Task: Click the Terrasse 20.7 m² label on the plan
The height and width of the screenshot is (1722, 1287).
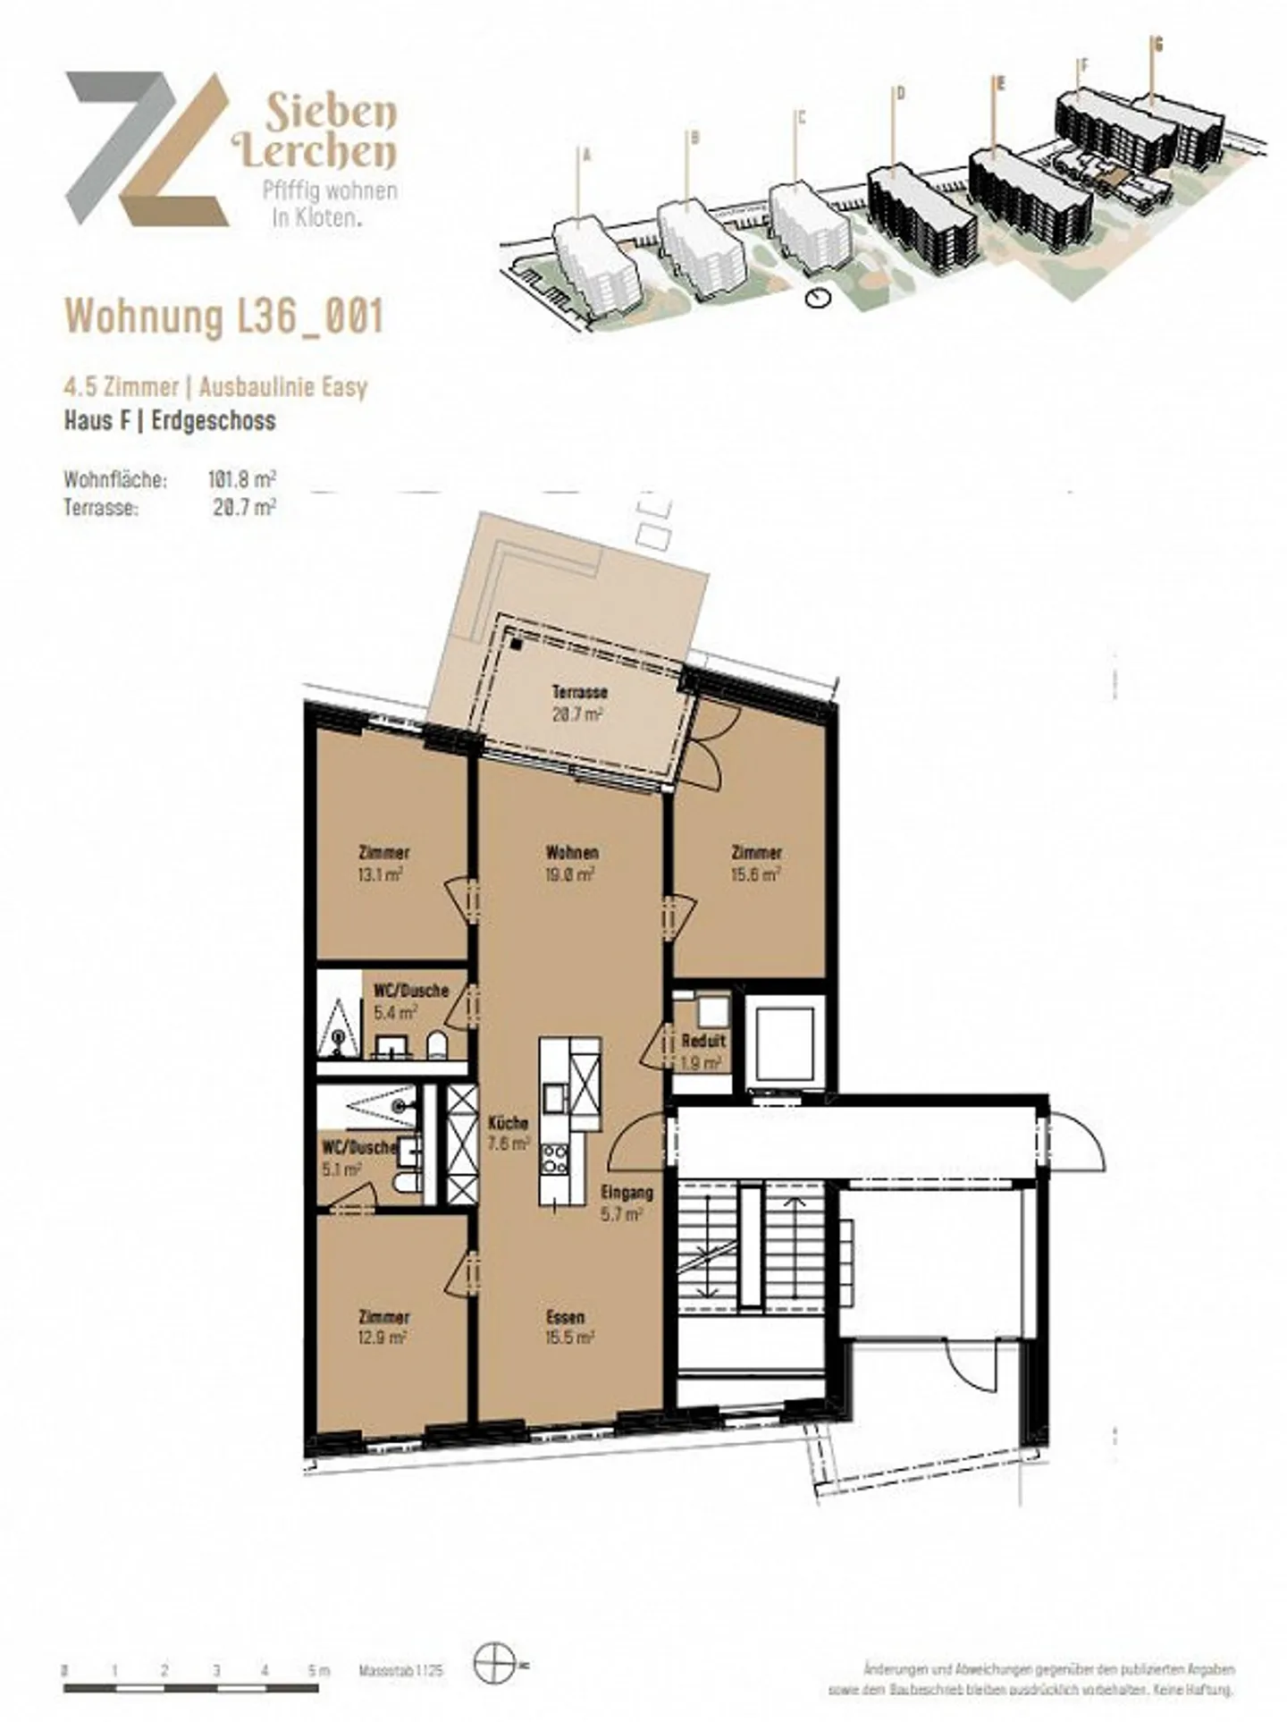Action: pos(579,703)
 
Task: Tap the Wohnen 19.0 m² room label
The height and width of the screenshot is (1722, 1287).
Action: pos(571,863)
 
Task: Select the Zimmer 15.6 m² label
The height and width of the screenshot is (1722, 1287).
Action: pos(756,864)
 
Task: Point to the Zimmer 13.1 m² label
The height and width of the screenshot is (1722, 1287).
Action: pos(383,864)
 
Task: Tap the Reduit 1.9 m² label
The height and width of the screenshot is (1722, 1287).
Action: pos(702,1051)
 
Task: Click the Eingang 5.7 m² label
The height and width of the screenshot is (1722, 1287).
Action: pos(627,1203)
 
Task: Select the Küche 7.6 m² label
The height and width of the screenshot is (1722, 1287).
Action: pos(508,1133)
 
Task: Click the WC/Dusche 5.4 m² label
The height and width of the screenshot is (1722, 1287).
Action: pos(409,1001)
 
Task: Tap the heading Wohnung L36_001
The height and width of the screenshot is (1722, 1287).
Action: pos(224,316)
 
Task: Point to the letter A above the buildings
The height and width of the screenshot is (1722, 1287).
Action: pos(587,155)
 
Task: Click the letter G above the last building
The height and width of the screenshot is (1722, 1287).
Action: pos(1158,43)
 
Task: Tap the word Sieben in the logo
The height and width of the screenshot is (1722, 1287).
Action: pos(330,113)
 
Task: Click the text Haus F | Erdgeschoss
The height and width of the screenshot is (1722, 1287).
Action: pos(170,420)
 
